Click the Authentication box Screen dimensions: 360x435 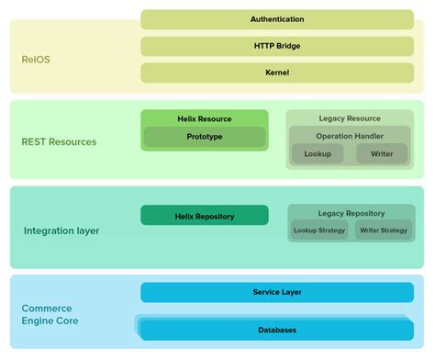(x=276, y=18)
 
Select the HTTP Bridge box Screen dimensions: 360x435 (x=276, y=45)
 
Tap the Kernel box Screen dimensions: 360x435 (x=276, y=71)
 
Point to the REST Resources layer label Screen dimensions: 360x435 (x=59, y=141)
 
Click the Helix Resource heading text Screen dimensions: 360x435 (x=205, y=118)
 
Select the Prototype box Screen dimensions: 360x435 (x=205, y=138)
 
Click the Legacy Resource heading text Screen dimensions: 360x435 (x=350, y=118)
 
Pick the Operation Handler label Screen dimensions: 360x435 (x=350, y=135)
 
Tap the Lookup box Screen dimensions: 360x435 (x=318, y=154)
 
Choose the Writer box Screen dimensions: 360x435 (x=381, y=154)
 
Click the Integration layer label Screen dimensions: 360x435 (x=61, y=231)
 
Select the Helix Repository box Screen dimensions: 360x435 (x=205, y=216)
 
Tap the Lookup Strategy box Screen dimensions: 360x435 (x=319, y=231)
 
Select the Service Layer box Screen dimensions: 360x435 (x=276, y=292)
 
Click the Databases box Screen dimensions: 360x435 (x=276, y=329)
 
